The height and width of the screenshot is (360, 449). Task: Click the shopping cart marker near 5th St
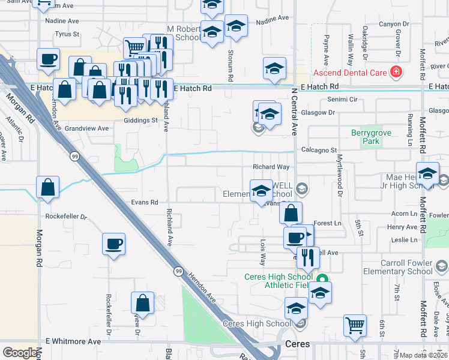point(355,325)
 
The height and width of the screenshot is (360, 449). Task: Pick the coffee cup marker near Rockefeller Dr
point(113,244)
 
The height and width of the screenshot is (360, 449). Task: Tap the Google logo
point(20,353)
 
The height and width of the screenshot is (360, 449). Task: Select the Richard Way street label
point(271,167)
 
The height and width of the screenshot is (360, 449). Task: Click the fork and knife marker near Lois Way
point(307,257)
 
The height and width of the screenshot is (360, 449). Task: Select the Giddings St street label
point(144,120)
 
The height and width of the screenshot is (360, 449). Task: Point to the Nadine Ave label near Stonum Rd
point(272,19)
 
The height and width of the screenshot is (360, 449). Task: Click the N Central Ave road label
point(294,114)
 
